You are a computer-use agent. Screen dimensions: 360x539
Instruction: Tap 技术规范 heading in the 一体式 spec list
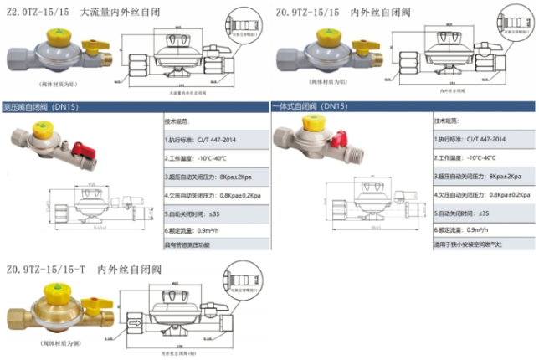(447, 121)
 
